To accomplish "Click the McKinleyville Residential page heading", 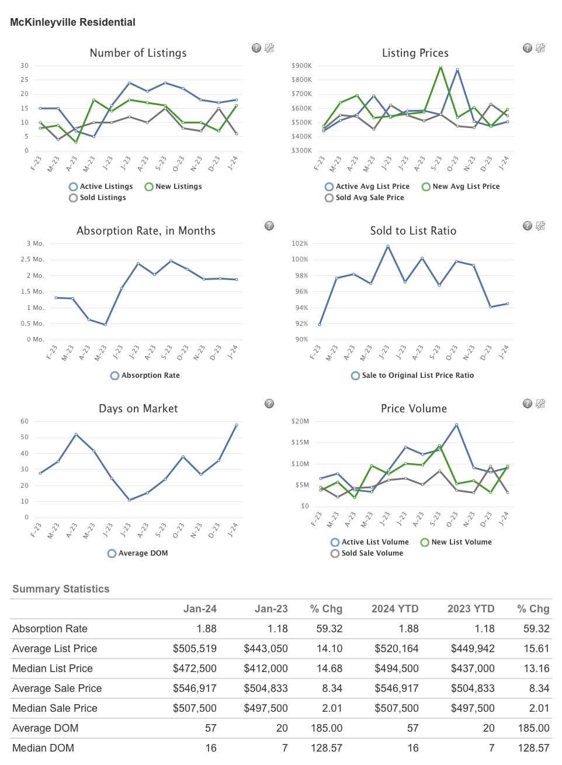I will (72, 22).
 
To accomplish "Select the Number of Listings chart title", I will (138, 53).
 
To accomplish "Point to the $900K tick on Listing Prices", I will (301, 66).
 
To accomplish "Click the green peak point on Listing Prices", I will (440, 67).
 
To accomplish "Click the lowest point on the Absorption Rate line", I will (105, 325).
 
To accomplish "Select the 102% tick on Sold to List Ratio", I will (300, 243).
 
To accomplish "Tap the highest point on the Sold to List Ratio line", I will (388, 246).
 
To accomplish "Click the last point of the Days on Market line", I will (237, 425).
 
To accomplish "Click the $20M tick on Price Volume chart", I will (300, 421).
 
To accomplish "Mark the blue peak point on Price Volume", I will (456, 425).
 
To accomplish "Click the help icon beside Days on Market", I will (269, 404).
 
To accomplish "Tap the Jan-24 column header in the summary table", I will (200, 609).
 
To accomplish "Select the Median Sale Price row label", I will (55, 708).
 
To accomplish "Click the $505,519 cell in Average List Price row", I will (195, 649).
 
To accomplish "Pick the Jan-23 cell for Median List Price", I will (266, 668).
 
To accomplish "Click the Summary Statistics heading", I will (61, 589).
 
